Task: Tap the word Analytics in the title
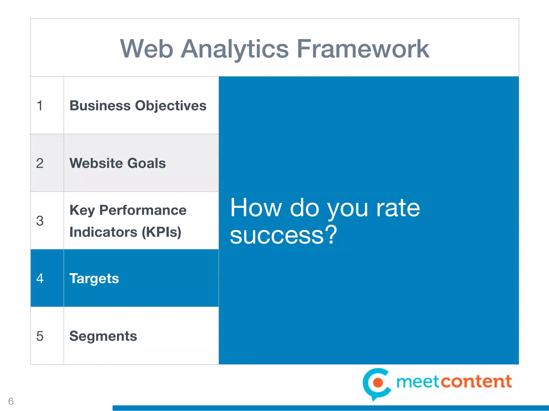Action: click(x=235, y=50)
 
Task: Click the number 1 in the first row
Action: click(x=40, y=105)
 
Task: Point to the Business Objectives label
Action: click(x=138, y=106)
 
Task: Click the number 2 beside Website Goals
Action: click(x=40, y=163)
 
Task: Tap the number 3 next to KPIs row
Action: click(x=40, y=221)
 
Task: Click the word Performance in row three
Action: click(x=143, y=210)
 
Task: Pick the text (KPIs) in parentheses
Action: click(x=161, y=232)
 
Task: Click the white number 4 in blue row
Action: click(x=40, y=279)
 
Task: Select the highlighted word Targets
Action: click(x=94, y=279)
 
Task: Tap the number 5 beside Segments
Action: click(x=40, y=336)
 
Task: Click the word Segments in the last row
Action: click(x=103, y=336)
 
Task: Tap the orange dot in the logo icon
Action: click(x=378, y=383)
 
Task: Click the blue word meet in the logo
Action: click(x=418, y=382)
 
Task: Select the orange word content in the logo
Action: click(x=476, y=382)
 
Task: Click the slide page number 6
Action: click(x=11, y=401)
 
